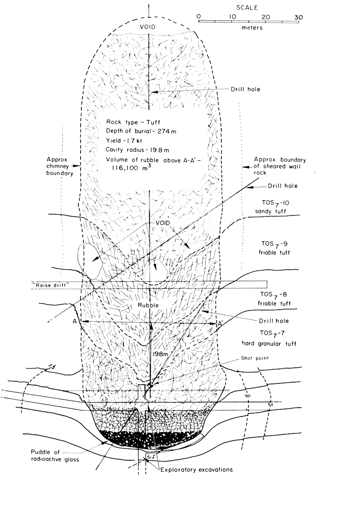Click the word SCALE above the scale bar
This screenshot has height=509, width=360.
[x=247, y=8]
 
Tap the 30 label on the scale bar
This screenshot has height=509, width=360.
[x=299, y=17]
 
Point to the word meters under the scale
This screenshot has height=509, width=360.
[x=252, y=28]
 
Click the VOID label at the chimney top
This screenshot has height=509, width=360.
[x=148, y=27]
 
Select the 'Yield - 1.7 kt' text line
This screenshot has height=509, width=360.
[x=124, y=141]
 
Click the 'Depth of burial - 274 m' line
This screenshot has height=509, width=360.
[x=141, y=131]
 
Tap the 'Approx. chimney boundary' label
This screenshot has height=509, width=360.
[x=60, y=166]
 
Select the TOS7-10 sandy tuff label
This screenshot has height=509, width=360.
[x=270, y=207]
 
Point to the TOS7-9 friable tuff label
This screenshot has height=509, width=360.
[x=274, y=248]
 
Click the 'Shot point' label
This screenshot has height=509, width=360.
[x=254, y=358]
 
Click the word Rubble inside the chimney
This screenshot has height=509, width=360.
[x=148, y=305]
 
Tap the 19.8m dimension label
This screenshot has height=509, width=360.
[x=160, y=354]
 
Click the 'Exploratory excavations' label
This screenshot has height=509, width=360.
[x=196, y=470]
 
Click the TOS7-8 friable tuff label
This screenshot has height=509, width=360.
[x=274, y=299]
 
